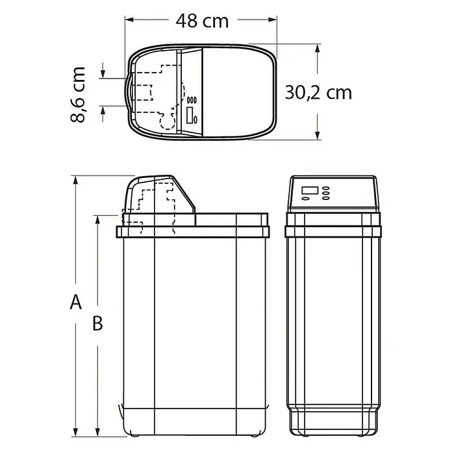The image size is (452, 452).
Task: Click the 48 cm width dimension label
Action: [203, 21]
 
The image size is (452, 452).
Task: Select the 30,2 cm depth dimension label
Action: [318, 93]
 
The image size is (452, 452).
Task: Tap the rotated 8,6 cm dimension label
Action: [78, 95]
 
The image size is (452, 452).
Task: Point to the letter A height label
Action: [76, 302]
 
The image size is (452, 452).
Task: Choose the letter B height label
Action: [97, 323]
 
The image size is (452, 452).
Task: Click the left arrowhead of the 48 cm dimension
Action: [129, 19]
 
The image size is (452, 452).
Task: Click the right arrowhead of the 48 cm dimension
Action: [272, 19]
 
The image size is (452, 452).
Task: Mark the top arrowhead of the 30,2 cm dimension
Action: [318, 49]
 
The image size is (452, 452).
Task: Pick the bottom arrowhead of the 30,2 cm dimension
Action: [318, 135]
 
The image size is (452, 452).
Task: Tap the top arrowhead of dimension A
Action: [75, 180]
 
